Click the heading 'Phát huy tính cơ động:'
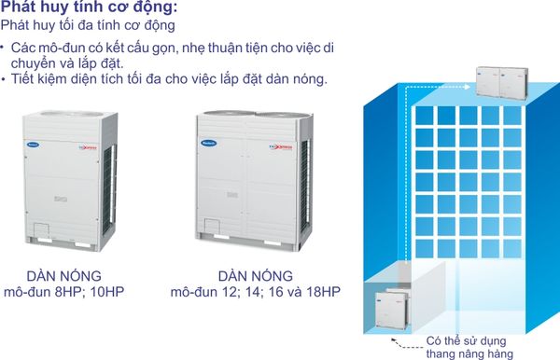coord(89,7)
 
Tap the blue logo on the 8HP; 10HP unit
coord(33,145)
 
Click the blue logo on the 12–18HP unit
coord(209,144)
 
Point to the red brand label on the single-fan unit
coord(88,147)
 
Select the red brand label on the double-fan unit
coord(281,147)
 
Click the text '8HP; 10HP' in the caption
coord(90,292)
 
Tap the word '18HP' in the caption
coord(322,292)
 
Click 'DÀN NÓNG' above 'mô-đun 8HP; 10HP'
coord(63,276)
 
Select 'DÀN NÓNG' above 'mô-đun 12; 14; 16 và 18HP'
coord(256,276)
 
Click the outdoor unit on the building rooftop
coord(502,83)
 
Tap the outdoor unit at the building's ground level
coord(392,309)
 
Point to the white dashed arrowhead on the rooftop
coord(468,87)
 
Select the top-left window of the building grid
coord(425,116)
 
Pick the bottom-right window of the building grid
coord(512,248)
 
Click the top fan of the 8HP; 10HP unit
coord(72,114)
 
